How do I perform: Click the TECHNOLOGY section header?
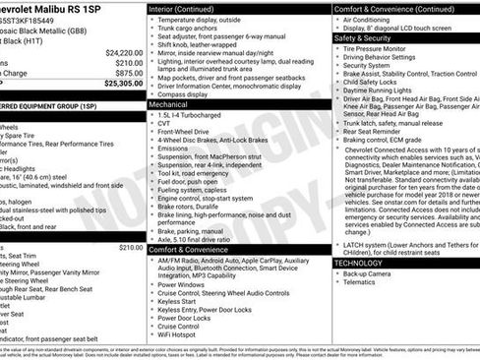[x=358, y=264]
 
